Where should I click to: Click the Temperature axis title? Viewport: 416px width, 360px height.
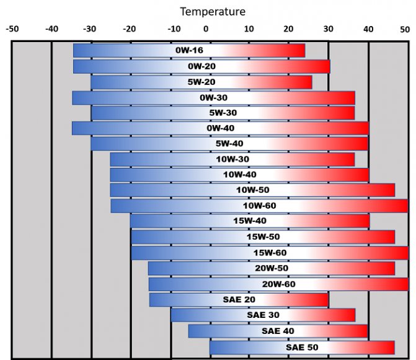click(x=212, y=11)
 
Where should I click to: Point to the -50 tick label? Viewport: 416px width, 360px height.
click(x=12, y=29)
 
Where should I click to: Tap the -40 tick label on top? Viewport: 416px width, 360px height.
click(x=51, y=29)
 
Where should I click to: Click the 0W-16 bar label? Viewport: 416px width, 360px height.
click(x=189, y=51)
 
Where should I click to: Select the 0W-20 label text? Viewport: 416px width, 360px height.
click(x=201, y=66)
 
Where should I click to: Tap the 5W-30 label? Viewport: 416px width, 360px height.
click(x=223, y=113)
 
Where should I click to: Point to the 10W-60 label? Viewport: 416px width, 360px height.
click(x=260, y=206)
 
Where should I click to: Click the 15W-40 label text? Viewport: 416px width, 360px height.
click(x=250, y=221)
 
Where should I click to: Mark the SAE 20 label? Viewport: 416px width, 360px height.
click(x=239, y=299)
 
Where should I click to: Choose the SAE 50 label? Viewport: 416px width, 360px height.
click(x=302, y=347)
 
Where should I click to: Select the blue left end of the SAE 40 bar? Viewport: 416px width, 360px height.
click(x=193, y=331)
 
